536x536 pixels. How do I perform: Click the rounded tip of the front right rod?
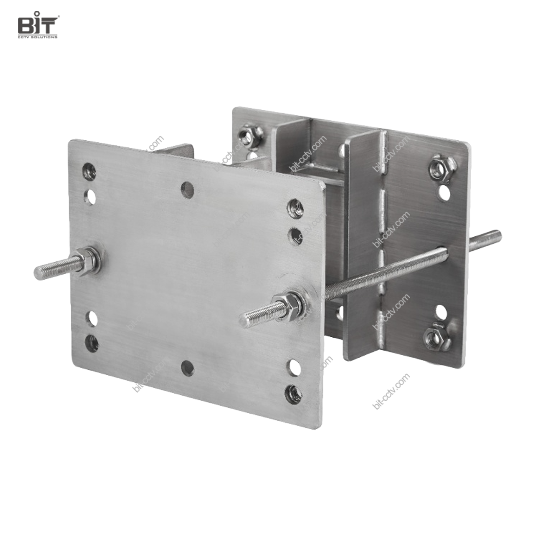(242, 318)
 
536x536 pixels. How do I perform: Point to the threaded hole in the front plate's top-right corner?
(294, 208)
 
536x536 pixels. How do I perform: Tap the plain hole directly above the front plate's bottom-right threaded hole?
(294, 366)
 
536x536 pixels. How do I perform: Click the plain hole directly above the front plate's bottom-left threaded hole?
(92, 318)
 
